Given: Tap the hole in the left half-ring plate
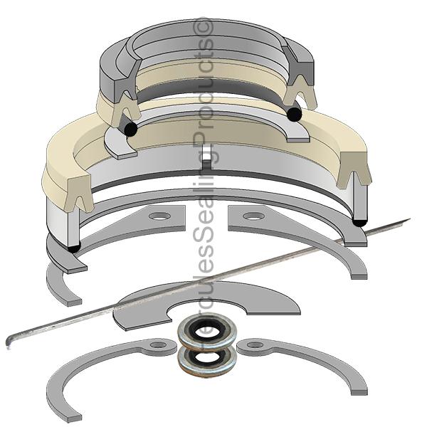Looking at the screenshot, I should [161, 216].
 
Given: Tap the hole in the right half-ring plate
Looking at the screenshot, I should [250, 216].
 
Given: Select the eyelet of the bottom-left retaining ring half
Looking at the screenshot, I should [158, 345].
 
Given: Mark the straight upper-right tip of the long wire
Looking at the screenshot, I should [408, 219].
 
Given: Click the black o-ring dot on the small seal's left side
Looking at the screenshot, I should [130, 130].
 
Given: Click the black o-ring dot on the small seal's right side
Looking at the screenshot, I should [292, 113].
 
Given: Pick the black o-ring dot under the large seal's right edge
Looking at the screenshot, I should [359, 223].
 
